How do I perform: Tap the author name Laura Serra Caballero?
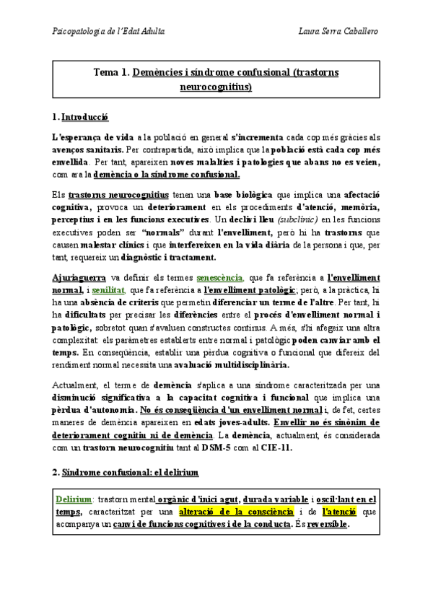point(337,31)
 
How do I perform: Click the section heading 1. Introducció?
point(81,116)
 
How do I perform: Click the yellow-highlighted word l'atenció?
point(338,512)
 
